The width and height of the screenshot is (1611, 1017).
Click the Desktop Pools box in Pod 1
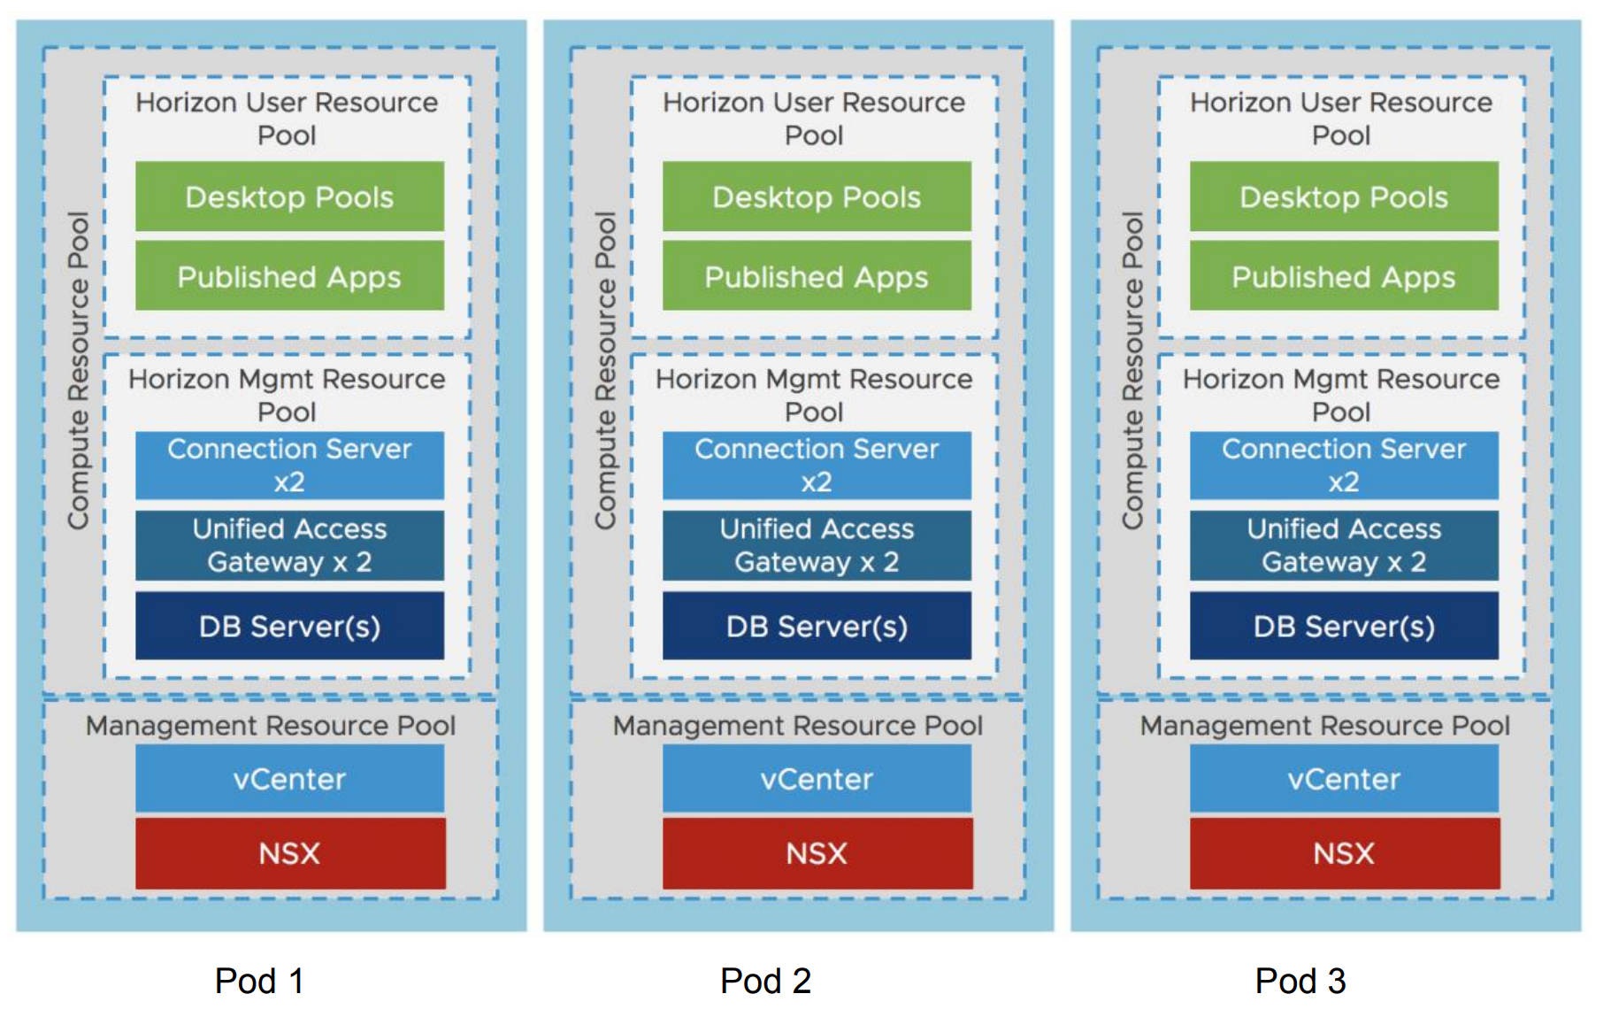coord(289,196)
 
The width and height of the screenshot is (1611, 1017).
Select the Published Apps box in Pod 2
coord(816,276)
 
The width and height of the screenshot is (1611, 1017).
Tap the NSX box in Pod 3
coord(1344,853)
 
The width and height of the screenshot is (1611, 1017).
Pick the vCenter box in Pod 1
coord(289,779)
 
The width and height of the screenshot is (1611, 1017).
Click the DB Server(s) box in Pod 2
coord(816,626)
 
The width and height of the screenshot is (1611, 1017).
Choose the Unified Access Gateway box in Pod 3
coord(1344,545)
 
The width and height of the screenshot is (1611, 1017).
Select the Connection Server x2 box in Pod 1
coord(289,466)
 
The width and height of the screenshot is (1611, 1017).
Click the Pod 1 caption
coord(259,981)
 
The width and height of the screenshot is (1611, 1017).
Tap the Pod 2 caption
coord(765,981)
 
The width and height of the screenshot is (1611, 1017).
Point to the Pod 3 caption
coord(1300,981)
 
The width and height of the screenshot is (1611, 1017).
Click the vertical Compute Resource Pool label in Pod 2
coord(605,370)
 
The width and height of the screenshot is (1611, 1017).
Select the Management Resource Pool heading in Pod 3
coord(1324,726)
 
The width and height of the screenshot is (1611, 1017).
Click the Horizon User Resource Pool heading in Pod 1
coord(287,119)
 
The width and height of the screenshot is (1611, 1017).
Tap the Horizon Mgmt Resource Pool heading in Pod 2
coord(814,395)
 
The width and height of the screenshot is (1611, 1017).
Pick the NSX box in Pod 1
coord(289,853)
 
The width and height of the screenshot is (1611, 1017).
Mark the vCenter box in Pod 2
coord(816,779)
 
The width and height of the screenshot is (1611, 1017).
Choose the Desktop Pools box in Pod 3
coord(1344,196)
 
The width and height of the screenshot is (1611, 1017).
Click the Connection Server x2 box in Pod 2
coord(816,466)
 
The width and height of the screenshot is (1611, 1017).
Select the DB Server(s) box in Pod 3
coord(1344,626)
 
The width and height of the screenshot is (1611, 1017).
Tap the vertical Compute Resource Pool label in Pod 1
coord(78,370)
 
